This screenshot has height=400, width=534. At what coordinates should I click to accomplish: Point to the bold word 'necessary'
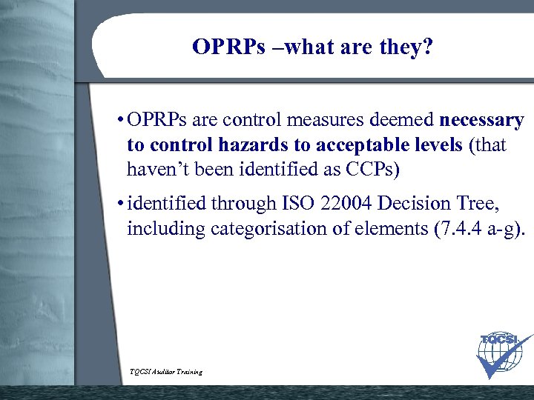pyautogui.click(x=481, y=120)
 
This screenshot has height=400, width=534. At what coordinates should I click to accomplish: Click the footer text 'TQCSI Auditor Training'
pyautogui.click(x=165, y=372)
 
